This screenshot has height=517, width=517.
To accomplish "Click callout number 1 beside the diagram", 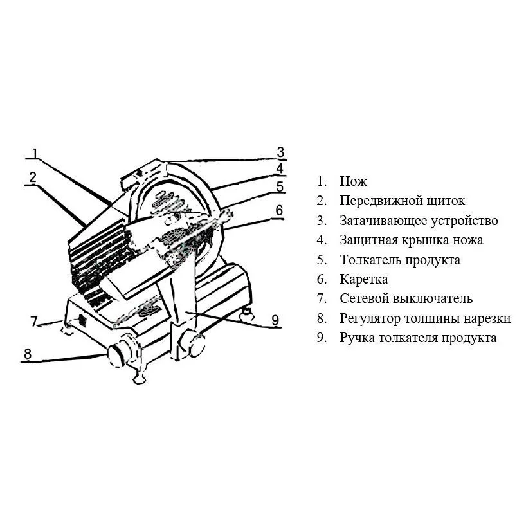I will [35, 154].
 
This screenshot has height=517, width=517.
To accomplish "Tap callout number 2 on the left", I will [32, 176].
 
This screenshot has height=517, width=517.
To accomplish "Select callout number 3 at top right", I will [280, 152].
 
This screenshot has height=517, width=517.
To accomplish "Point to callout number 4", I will [280, 169].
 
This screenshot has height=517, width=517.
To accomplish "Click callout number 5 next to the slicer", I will [280, 187].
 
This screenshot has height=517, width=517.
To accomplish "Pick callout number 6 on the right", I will [279, 210].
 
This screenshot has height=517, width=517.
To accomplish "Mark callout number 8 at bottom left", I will [27, 353].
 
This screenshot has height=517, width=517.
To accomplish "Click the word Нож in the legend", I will [354, 182].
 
